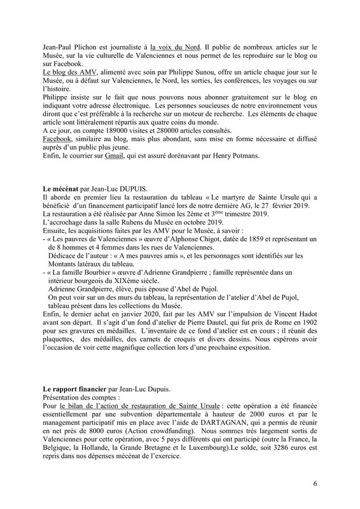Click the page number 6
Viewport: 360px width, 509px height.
click(x=315, y=483)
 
